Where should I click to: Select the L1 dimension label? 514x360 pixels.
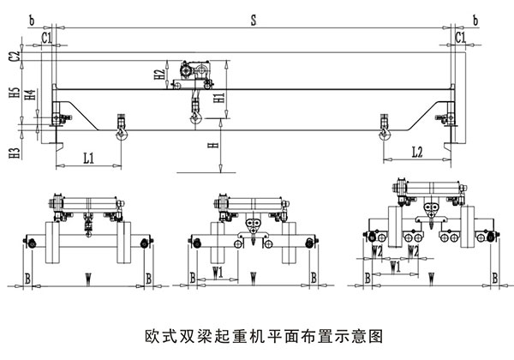(89, 157)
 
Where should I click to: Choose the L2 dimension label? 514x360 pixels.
(416, 153)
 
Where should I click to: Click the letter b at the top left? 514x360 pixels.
(31, 17)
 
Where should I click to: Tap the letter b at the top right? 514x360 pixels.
(476, 17)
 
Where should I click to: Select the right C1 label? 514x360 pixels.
(461, 38)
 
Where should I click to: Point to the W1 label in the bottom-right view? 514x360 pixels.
(395, 267)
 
